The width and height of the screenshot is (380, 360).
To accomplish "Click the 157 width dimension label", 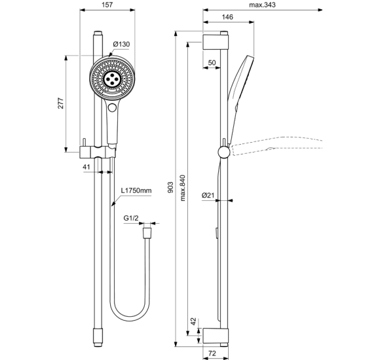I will point(109,6).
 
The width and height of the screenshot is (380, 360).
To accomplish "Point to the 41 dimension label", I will point(86,168).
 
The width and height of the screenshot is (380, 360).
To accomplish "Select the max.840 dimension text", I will point(183,189).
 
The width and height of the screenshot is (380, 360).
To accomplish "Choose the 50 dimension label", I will point(212,62).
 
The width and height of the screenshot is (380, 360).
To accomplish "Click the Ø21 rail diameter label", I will point(208,195).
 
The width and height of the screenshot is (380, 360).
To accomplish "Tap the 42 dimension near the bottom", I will point(192,321).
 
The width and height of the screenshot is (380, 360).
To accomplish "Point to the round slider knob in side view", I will point(224,152).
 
